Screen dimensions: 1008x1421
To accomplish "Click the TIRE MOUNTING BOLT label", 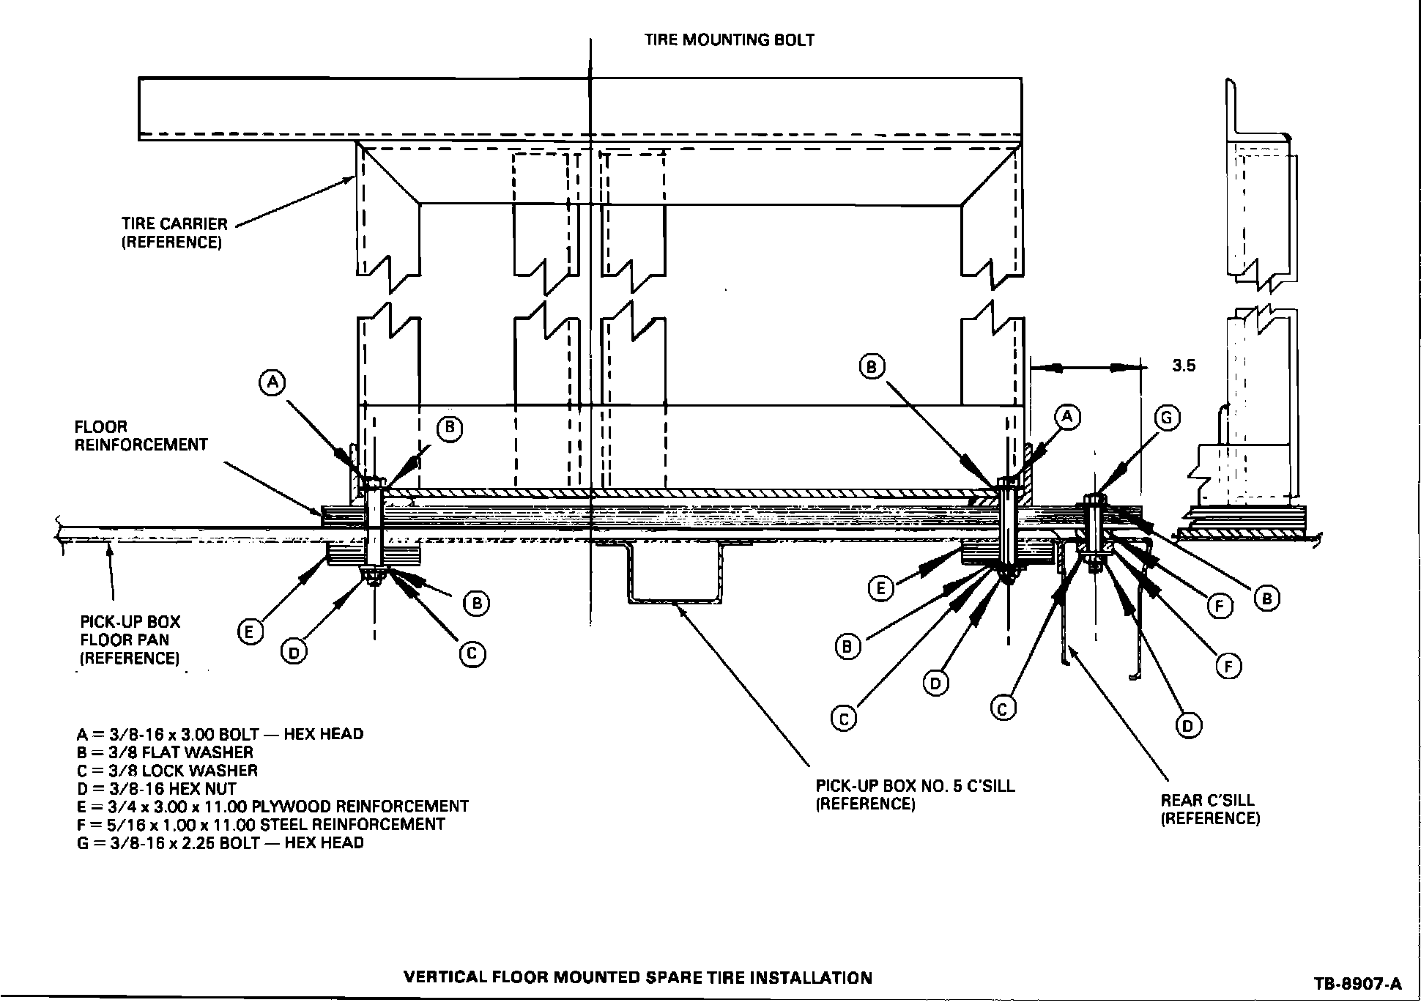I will click(729, 40).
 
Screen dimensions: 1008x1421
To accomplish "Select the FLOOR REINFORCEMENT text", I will click(141, 435).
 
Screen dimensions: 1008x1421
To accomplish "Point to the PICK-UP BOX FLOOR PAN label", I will click(130, 640).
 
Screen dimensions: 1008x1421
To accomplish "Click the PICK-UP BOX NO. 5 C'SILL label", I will click(915, 795).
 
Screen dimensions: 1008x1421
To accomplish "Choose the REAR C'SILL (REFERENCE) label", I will click(1210, 809).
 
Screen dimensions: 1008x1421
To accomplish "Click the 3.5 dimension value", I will click(1183, 366).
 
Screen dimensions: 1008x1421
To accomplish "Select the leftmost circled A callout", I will click(272, 382).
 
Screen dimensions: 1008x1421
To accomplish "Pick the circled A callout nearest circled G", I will click(1066, 417).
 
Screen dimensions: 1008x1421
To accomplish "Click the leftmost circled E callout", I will click(250, 631).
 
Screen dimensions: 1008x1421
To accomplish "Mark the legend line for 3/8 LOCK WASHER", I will click(167, 771).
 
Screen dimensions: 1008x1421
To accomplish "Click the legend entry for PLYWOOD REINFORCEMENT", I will click(272, 807).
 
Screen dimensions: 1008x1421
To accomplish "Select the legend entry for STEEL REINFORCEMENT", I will click(260, 824).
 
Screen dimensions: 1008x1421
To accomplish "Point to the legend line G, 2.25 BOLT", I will click(220, 842).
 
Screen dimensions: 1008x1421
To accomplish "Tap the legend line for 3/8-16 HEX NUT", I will click(156, 789).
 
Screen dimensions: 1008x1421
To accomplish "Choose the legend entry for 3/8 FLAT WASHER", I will click(165, 752).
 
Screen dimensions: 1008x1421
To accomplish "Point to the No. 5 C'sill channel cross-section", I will click(674, 575).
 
